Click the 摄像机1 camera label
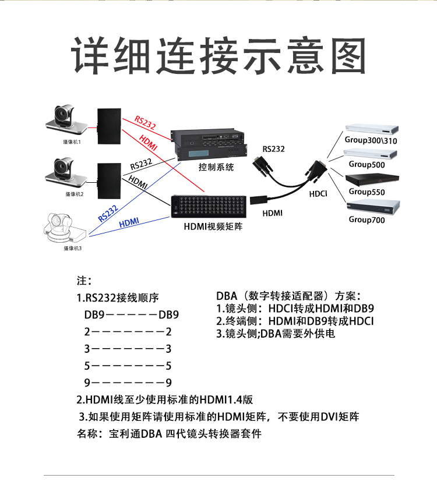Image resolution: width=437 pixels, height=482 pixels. [73, 141]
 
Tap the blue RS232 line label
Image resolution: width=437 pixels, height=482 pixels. [108, 213]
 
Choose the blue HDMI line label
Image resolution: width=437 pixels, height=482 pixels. [129, 222]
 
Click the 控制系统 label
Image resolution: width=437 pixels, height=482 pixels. [216, 167]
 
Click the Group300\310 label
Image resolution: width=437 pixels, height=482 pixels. [371, 140]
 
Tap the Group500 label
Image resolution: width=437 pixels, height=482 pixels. [365, 165]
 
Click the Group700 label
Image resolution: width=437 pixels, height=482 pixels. [367, 219]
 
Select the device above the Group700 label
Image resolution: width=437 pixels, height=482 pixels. [373, 206]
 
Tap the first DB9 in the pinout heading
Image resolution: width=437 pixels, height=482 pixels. [95, 315]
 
